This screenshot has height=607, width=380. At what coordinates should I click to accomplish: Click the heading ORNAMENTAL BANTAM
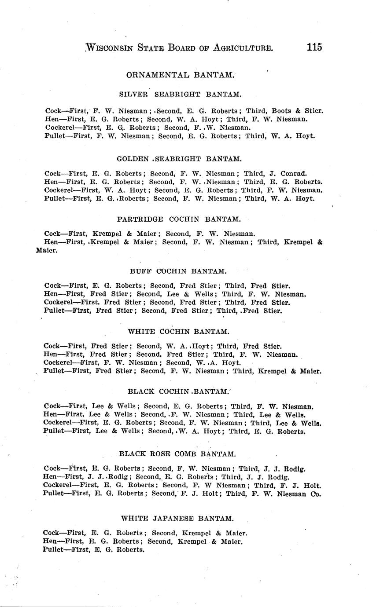180,75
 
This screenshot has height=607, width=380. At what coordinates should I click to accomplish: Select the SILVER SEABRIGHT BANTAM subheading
180,94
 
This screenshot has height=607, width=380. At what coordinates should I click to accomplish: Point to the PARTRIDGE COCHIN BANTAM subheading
179,219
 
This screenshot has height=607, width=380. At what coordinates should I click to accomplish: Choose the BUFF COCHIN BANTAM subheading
178,271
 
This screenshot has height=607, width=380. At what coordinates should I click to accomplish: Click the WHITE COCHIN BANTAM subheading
178,331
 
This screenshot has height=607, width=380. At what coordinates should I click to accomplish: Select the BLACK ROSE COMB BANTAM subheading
177,453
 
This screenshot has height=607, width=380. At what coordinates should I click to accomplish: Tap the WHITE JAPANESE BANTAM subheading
177,518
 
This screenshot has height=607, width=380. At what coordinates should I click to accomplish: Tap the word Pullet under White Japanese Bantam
54,549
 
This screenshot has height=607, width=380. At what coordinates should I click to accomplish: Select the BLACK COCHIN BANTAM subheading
178,391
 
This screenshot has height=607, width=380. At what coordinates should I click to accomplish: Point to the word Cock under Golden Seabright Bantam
52,173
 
